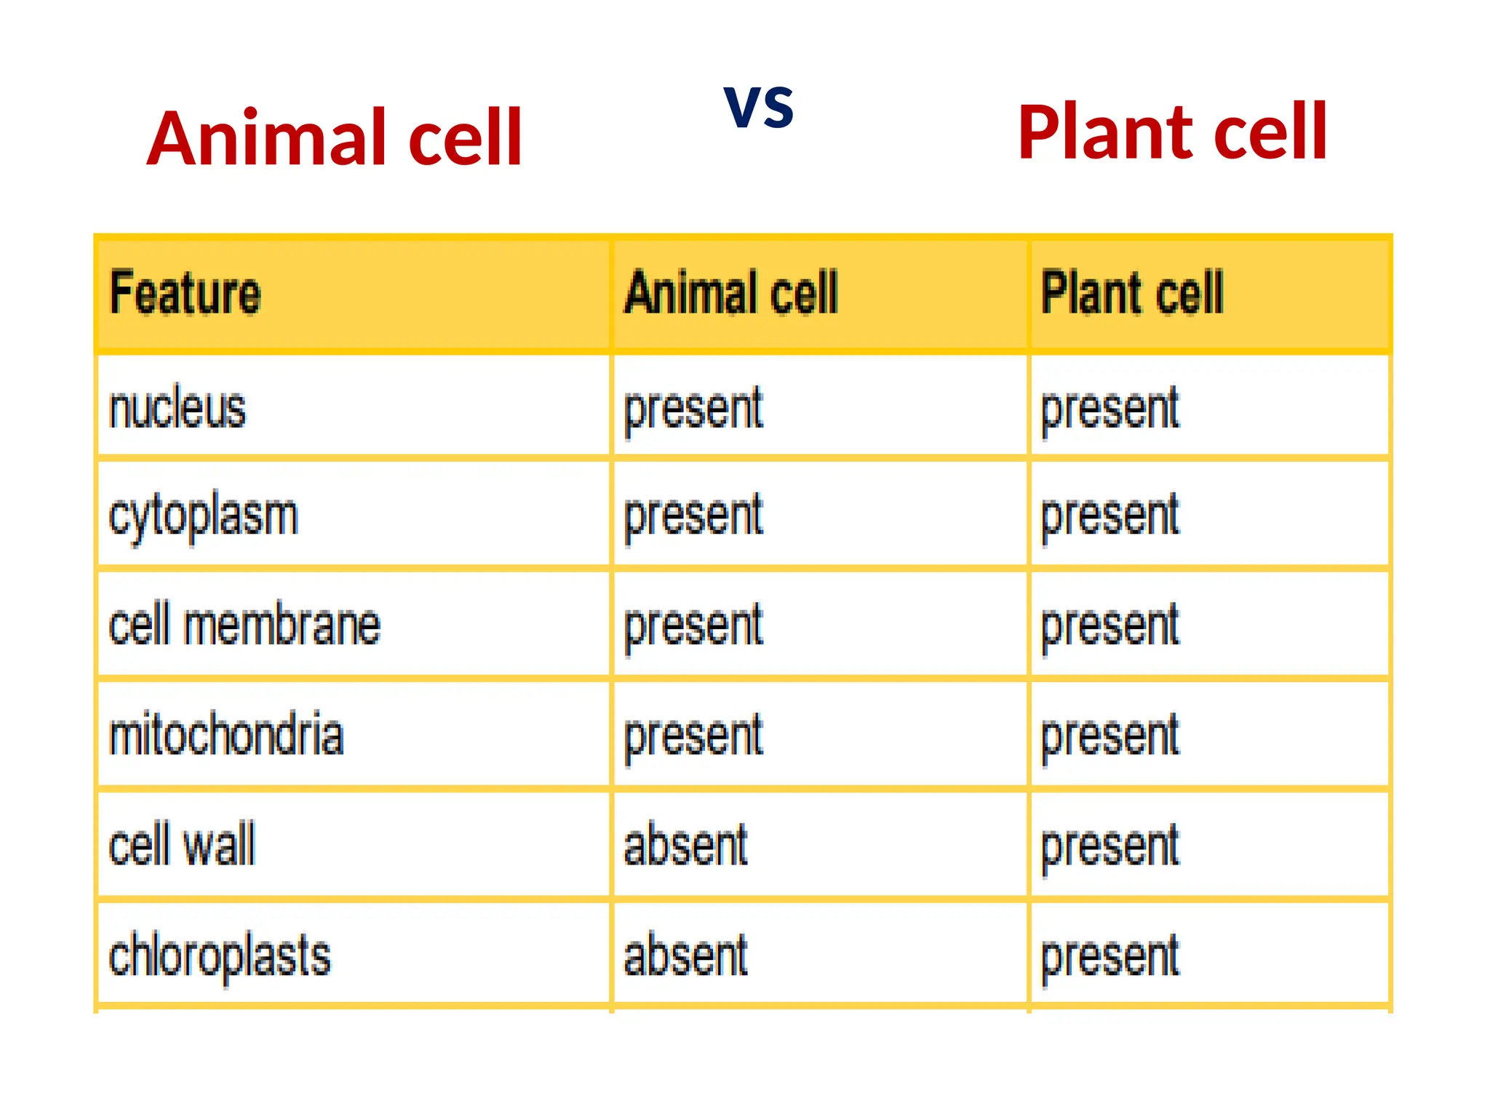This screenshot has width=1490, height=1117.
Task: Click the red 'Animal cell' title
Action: click(335, 138)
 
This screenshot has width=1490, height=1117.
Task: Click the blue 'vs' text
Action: click(759, 106)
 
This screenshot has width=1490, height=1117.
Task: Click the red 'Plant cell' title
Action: click(1172, 132)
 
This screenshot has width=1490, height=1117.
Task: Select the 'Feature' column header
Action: click(185, 293)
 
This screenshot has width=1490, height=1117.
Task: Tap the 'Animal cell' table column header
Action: click(731, 293)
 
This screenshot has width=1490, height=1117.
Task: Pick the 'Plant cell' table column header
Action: click(1132, 293)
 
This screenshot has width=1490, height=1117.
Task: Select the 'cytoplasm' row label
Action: click(204, 517)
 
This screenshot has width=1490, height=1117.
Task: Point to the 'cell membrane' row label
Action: click(244, 625)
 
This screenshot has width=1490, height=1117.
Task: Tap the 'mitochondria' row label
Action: click(226, 735)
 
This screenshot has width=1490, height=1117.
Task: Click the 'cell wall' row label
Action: click(182, 845)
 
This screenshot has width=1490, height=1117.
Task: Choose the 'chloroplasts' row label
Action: click(220, 956)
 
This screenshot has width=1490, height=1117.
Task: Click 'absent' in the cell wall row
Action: click(686, 845)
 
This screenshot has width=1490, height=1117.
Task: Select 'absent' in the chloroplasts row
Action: click(686, 956)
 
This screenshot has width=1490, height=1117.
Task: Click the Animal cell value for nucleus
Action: click(693, 410)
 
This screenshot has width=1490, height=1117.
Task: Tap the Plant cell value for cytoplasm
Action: click(1109, 517)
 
